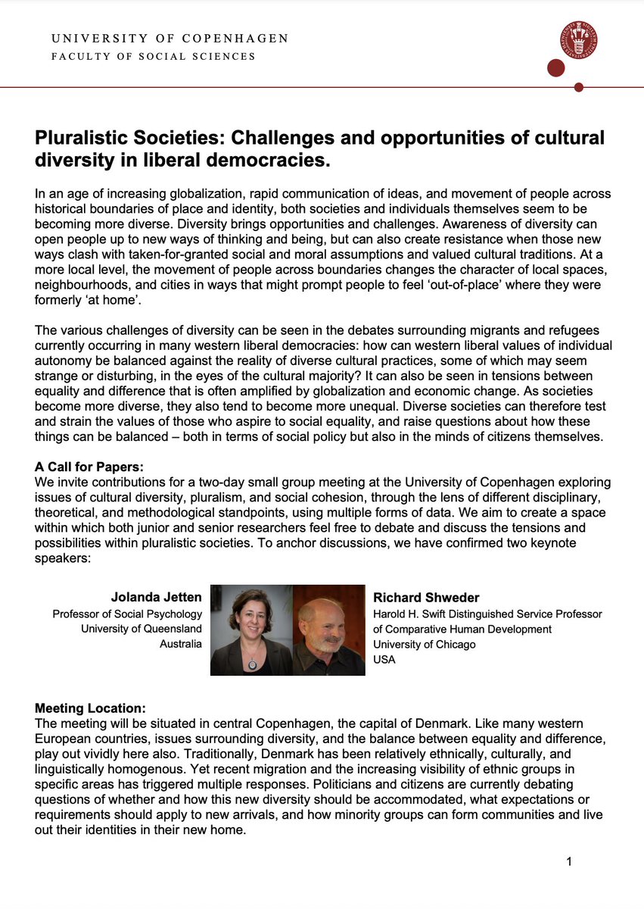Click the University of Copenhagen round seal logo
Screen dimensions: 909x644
tap(578, 40)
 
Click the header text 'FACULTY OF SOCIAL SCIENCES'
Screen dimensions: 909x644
tap(153, 57)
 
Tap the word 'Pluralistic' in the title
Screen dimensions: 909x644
tap(79, 139)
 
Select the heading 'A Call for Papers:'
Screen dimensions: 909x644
tap(89, 467)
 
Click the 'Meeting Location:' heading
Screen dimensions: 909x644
tap(90, 708)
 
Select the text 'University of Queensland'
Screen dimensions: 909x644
tap(142, 629)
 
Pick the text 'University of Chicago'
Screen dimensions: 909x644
tap(425, 644)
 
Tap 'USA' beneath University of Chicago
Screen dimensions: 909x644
tap(384, 659)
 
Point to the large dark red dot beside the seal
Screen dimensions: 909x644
tap(556, 69)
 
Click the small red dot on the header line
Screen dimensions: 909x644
tap(579, 87)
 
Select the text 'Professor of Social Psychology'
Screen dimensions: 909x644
tap(127, 614)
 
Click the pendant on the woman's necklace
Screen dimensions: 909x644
tap(252, 664)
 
